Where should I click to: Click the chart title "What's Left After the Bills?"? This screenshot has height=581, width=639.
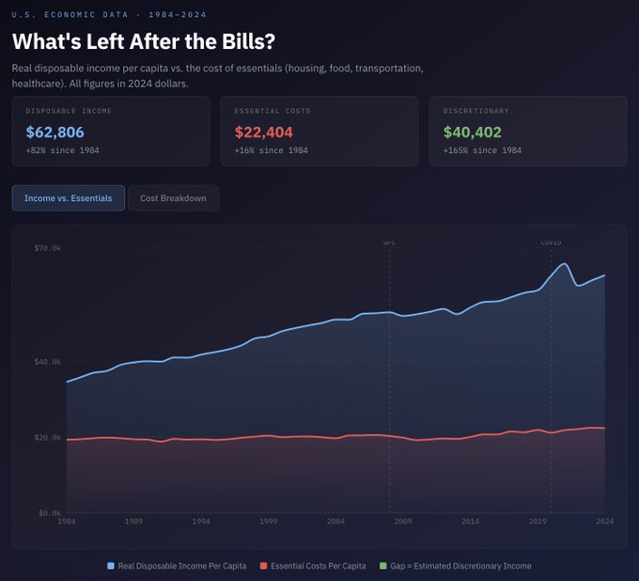(143, 42)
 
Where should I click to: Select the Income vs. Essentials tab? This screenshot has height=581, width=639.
(68, 198)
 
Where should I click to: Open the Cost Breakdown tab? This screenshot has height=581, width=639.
(173, 198)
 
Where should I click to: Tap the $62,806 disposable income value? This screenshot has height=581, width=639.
(55, 133)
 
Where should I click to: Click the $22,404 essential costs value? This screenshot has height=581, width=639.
(263, 133)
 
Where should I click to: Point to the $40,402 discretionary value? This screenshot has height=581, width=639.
(472, 133)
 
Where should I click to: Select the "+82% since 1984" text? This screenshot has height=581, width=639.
(63, 150)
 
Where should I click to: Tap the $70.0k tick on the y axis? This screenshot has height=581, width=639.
(48, 248)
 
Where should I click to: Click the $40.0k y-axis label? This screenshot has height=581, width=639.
(48, 362)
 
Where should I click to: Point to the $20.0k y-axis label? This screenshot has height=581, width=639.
(48, 437)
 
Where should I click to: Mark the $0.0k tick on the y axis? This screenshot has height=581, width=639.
(50, 513)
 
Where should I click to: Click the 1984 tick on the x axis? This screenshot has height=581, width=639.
(67, 521)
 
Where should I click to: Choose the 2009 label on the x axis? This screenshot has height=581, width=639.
(403, 521)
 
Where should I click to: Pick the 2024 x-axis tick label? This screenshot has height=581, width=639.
(604, 521)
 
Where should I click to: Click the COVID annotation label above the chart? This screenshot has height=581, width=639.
(551, 243)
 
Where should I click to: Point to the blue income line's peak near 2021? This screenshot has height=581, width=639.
(564, 264)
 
